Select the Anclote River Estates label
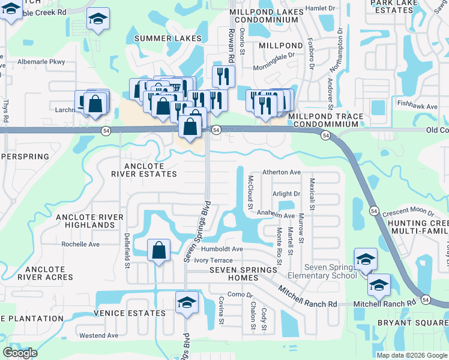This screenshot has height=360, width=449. coord(143,170)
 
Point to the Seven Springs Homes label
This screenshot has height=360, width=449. coord(243,270)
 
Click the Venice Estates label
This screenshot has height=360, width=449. coord(129,313)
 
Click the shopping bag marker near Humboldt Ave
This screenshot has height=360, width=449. coord(159,250)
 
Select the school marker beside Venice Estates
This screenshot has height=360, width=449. coord(187,302)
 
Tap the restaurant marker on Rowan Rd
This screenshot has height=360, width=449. coord(223,76)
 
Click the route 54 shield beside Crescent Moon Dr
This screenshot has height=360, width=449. coord(374,211)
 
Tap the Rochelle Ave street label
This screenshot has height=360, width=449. coord(80,244)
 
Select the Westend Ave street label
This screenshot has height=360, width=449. coord(99,335)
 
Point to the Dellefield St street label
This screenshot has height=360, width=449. coord(127,251)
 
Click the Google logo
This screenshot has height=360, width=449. coord(20,352)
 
